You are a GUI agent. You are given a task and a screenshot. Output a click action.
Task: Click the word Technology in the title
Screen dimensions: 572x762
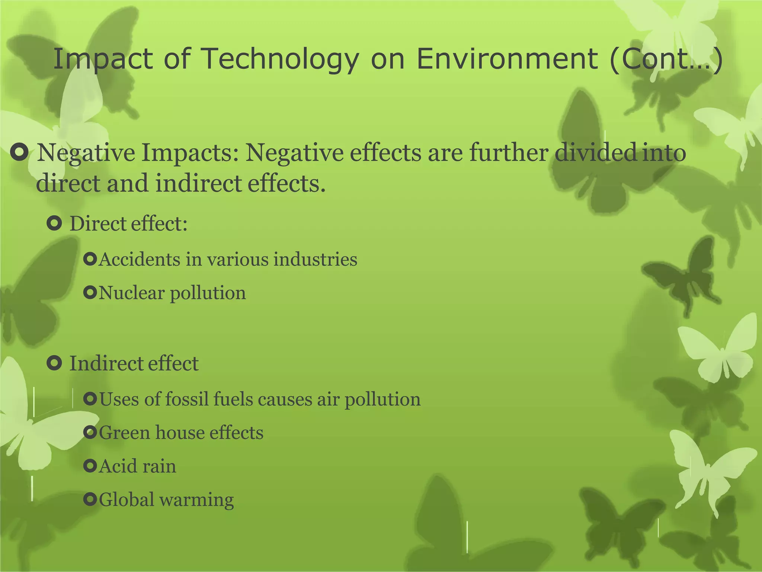[x=281, y=60]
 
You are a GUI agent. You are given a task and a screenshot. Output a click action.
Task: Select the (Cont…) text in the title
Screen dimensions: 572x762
[x=666, y=60]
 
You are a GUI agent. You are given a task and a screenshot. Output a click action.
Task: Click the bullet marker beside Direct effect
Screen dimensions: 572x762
[x=55, y=224]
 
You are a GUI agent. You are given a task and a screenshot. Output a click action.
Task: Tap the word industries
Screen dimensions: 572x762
[x=315, y=259]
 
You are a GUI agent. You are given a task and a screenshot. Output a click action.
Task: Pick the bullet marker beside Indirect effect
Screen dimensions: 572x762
[x=55, y=363]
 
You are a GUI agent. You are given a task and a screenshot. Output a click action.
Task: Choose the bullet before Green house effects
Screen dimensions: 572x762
[x=90, y=432]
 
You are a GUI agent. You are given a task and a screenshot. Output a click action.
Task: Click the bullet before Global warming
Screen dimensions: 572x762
[x=90, y=499]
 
